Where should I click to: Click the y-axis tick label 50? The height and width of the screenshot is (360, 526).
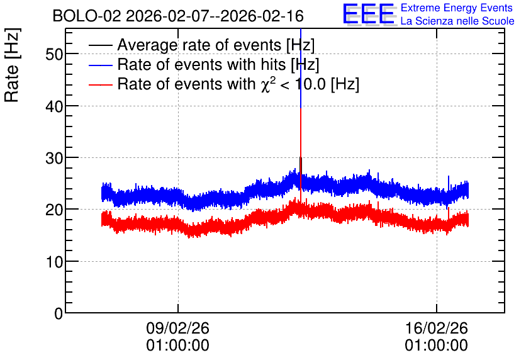pos(54,54)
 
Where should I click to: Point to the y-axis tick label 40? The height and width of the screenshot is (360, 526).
pos(54,106)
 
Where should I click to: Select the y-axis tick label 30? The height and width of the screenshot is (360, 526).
pos(54,158)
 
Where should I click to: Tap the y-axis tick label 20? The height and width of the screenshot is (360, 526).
pos(54,210)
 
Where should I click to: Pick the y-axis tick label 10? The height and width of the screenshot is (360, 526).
pos(54,262)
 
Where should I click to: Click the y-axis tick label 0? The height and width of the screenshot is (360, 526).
pos(59,313)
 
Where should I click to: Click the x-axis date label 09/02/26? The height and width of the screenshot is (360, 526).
pos(177,328)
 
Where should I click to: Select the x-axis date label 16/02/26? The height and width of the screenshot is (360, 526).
pos(436,328)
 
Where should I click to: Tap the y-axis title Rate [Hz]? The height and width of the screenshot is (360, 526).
pos(12,65)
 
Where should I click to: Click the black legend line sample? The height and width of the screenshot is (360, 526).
pos(101,45)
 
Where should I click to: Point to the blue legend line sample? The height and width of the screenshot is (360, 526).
pos(101,65)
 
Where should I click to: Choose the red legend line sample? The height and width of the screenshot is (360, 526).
pos(101,84)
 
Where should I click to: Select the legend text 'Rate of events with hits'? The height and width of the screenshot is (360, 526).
pos(201,64)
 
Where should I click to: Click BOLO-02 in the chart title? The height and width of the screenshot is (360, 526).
pos(87,16)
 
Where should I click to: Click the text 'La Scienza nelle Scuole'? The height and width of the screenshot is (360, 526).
pos(457,21)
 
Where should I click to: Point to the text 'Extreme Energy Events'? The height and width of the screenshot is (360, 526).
pos(457,8)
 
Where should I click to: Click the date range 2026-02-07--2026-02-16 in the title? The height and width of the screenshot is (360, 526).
pos(215,16)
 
